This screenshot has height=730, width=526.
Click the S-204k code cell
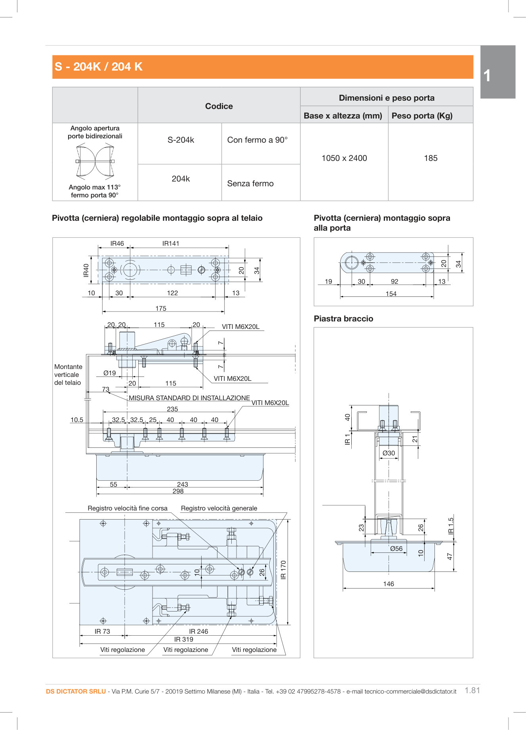(x=181, y=140)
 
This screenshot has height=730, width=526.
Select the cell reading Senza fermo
(x=250, y=183)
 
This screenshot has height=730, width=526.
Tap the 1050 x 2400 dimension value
(x=344, y=158)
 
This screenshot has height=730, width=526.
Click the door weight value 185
(x=431, y=158)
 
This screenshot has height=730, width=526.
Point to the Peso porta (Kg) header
(x=422, y=116)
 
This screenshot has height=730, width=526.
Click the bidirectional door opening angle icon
(x=95, y=161)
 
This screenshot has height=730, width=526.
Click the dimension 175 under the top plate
(x=161, y=308)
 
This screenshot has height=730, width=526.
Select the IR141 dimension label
(x=171, y=243)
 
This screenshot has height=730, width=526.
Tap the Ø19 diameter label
(x=110, y=373)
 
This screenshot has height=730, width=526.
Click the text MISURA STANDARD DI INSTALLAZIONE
(x=189, y=398)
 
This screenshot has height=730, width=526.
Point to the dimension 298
(x=178, y=491)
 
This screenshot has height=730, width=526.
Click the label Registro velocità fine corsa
(x=128, y=508)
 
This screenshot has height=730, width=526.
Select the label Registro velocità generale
(x=219, y=508)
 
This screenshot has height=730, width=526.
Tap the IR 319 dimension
(x=184, y=639)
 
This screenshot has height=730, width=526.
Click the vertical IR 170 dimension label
(x=283, y=570)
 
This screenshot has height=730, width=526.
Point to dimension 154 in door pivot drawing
(x=391, y=294)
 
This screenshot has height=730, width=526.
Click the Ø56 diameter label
(x=396, y=548)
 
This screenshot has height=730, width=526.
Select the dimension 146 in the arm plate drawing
(x=389, y=584)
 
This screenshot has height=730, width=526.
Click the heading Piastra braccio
(x=343, y=319)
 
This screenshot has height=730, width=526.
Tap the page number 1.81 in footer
(x=472, y=690)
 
